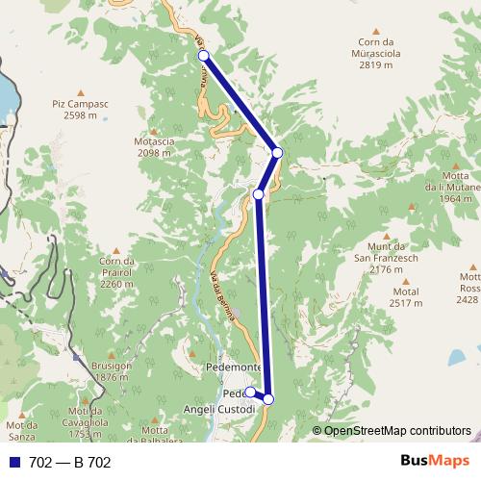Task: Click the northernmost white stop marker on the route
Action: [204, 56]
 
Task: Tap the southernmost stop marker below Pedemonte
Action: [268, 399]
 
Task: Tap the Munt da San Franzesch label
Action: [387, 258]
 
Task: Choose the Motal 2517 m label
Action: [407, 297]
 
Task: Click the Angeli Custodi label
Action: [219, 409]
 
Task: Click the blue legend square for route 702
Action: [13, 463]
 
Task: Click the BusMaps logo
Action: [436, 462]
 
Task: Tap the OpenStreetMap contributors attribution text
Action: [397, 431]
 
